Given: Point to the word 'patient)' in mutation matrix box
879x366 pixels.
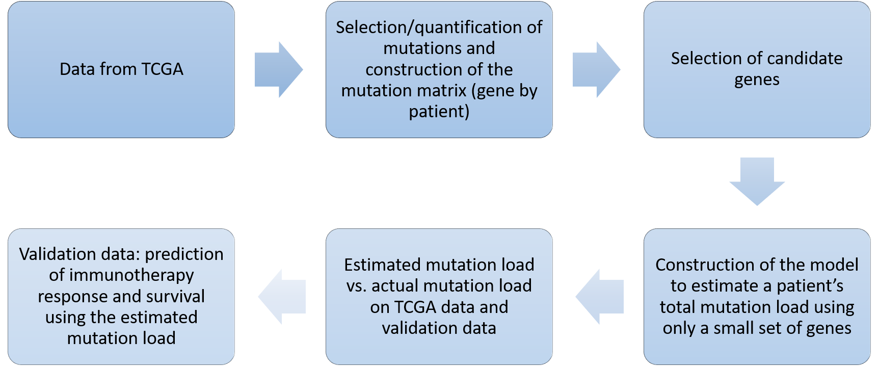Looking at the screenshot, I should click(439, 111).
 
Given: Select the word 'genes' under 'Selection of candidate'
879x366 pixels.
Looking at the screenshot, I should click(757, 80).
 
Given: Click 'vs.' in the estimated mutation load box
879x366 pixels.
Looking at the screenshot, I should click(357, 286).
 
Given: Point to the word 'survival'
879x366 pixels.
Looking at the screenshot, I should click(174, 296).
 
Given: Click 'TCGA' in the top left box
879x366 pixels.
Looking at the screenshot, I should click(162, 69).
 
